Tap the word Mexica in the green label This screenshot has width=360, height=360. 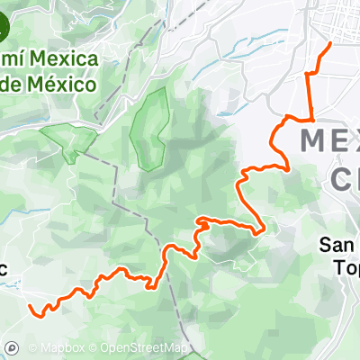pyautogui.click(x=65, y=60)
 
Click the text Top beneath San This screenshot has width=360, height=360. pyautogui.click(x=346, y=267)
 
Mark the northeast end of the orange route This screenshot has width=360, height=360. pyautogui.click(x=330, y=43)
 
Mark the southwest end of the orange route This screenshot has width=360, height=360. pyautogui.click(x=31, y=308)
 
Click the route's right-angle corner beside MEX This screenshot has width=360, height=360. pyautogui.click(x=310, y=118)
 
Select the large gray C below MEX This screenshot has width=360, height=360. pyautogui.click(x=346, y=179)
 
